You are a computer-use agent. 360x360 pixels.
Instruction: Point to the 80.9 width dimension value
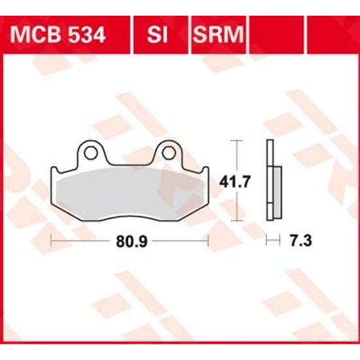pyautogui.click(x=130, y=241)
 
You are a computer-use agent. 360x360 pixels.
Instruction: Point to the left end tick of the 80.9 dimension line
pyautogui.click(x=51, y=241)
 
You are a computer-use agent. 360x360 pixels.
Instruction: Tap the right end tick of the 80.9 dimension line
pyautogui.click(x=209, y=241)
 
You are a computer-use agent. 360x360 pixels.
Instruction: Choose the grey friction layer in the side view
pyautogui.click(x=277, y=191)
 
